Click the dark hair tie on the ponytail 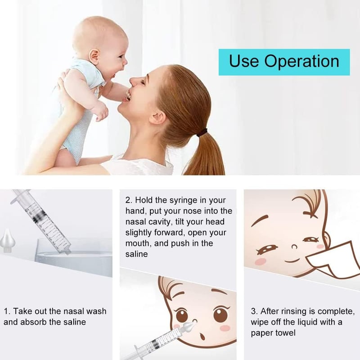202,132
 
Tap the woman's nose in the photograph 134,81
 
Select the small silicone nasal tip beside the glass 8,241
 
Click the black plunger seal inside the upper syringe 38,216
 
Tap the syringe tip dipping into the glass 67,252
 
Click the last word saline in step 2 136,254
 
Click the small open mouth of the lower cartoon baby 202,337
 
